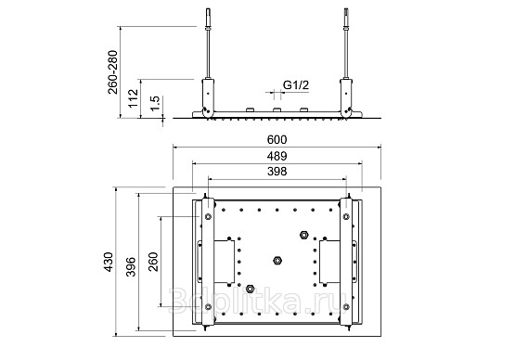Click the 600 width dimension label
(277, 139)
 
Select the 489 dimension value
(277, 156)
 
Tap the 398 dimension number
(277, 171)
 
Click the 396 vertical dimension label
(131, 266)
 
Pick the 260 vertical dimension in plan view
(153, 262)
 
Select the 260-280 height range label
(112, 72)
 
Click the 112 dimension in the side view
(133, 97)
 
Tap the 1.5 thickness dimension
(155, 103)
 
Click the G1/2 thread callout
(296, 85)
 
